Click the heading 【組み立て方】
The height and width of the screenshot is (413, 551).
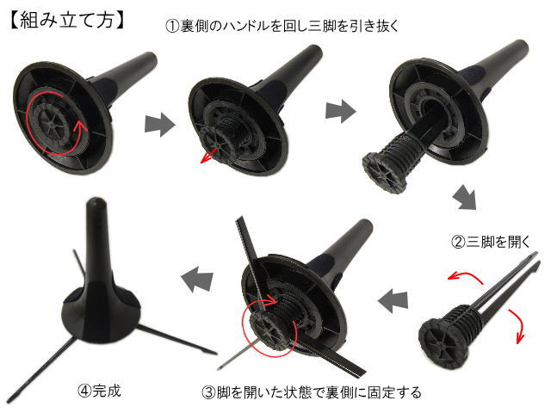pos(67,19)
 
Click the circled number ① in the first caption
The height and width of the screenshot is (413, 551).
pos(172,27)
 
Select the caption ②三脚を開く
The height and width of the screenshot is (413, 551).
pos(490,242)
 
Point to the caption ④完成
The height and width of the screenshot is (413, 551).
pos(100,390)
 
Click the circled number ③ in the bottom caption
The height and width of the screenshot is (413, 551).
pos(209,392)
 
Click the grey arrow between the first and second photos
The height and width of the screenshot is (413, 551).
pos(160,124)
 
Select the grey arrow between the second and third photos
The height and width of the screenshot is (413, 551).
pos(340,111)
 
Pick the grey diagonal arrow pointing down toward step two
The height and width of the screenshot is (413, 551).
pos(465,197)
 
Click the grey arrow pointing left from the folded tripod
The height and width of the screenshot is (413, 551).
pos(393,301)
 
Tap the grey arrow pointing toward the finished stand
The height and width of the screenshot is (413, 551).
pos(197,279)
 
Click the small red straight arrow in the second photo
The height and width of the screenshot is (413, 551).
pos(208,157)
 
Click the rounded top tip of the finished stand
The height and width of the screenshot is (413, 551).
pos(96,203)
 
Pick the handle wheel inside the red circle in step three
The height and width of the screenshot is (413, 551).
pos(269,330)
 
